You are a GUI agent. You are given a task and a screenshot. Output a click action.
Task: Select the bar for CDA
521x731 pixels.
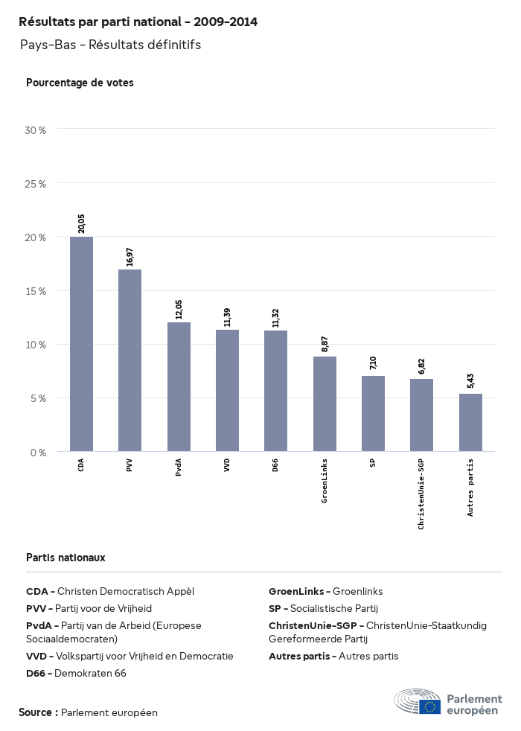click(x=81, y=344)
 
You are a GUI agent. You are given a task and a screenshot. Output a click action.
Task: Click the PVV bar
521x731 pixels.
click(x=130, y=360)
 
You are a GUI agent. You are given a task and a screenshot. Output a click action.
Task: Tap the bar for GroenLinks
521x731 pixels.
click(x=325, y=403)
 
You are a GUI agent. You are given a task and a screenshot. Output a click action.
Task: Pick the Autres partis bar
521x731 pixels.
click(x=470, y=422)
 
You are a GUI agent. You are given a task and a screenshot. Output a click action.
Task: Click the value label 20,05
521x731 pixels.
click(x=81, y=223)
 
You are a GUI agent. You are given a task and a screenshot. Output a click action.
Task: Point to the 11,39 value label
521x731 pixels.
click(x=227, y=316)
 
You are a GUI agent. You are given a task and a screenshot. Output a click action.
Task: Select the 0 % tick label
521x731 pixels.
click(x=39, y=452)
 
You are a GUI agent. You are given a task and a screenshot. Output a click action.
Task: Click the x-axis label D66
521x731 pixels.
click(x=275, y=465)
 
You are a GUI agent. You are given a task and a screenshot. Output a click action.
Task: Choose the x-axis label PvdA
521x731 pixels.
click(x=179, y=467)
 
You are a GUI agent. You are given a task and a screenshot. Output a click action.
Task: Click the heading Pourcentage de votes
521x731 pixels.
click(x=80, y=83)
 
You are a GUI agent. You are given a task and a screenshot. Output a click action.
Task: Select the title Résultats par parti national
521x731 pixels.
click(x=138, y=22)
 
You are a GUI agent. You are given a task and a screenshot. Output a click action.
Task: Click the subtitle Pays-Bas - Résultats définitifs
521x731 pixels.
click(x=110, y=45)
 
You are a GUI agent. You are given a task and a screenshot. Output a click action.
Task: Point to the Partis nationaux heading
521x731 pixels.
click(x=65, y=557)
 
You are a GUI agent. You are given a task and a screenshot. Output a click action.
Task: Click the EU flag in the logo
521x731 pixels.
click(x=429, y=706)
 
